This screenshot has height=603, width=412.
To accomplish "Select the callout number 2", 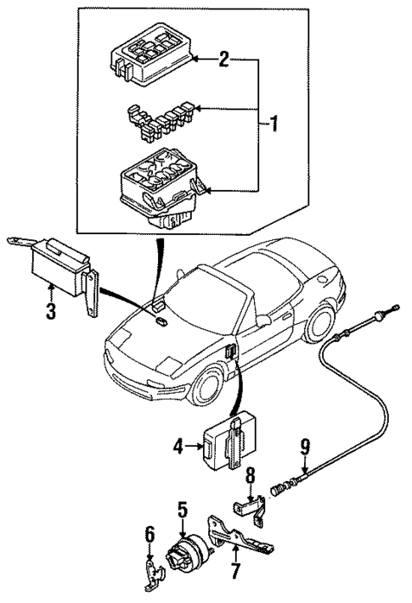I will [x=223, y=59].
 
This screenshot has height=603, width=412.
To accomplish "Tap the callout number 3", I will [x=51, y=310].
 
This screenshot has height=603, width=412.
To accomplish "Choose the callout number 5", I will [x=182, y=510].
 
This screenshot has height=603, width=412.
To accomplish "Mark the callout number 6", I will [x=149, y=533].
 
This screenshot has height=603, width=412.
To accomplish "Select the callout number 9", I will [x=304, y=448].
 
